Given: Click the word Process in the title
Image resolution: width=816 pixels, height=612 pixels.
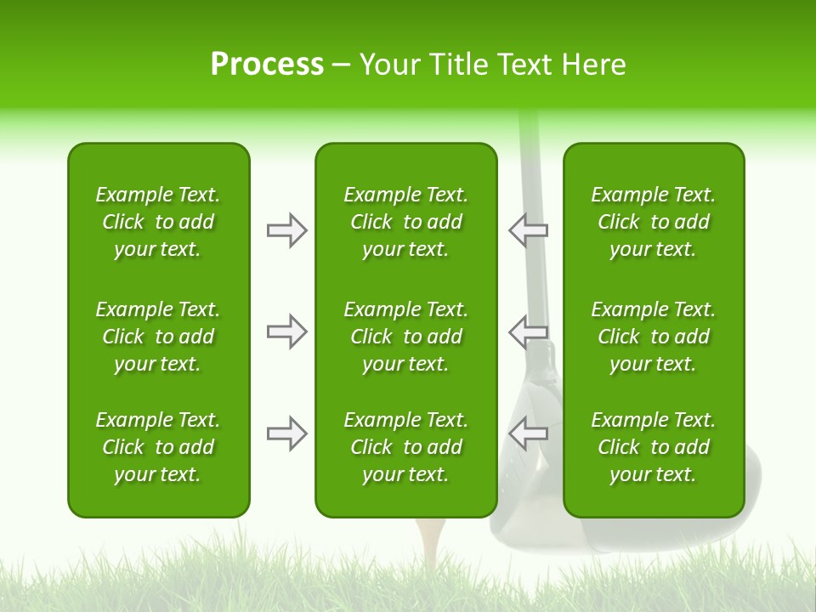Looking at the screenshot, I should (267, 65).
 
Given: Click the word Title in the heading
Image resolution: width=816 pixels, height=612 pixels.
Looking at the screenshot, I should (462, 65).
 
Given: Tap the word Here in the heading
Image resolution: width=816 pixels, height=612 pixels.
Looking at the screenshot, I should (592, 65).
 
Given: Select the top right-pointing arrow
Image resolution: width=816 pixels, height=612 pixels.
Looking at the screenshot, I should (286, 230).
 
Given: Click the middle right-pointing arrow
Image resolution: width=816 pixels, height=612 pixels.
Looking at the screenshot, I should (286, 331).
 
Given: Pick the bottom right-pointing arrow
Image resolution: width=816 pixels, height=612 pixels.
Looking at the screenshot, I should (286, 433).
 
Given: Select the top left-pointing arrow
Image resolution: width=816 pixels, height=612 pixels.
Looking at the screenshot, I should (528, 230).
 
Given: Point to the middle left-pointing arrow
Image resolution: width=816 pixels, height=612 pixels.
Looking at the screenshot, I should (528, 331).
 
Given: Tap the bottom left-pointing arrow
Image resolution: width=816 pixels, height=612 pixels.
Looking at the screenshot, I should (528, 433).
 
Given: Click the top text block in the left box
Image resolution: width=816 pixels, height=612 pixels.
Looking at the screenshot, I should (158, 222).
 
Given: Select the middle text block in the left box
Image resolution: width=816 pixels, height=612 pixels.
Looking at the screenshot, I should (158, 337).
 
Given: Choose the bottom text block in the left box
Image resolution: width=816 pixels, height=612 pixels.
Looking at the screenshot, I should (158, 447).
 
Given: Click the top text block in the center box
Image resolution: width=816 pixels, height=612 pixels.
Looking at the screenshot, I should (405, 222).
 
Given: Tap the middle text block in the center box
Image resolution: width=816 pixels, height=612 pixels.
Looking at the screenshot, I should (405, 337).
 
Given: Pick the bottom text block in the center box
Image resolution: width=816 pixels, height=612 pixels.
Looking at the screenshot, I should (405, 447).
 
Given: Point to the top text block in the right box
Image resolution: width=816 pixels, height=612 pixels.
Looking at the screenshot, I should (653, 222).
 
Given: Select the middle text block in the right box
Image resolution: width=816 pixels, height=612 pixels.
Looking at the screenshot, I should (653, 337).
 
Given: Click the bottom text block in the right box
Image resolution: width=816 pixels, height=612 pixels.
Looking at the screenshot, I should (653, 447).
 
